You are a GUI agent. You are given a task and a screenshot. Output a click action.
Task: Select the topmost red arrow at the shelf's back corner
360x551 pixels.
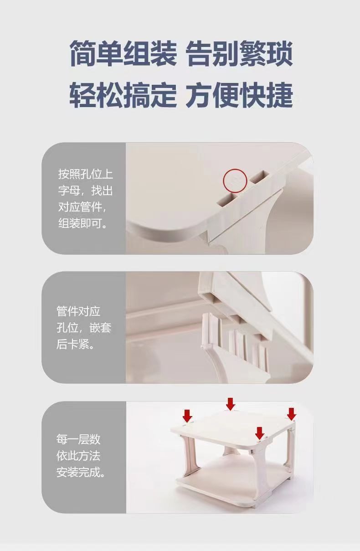pos(231,404)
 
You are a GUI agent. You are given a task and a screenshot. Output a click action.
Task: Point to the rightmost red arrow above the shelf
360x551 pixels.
pos(292,414)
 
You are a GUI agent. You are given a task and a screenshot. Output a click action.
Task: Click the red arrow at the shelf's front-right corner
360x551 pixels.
pos(260,433)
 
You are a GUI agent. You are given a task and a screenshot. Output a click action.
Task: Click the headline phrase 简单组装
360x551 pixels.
pos(123,54)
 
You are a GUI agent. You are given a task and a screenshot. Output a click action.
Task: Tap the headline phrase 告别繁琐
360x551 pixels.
pos(239,54)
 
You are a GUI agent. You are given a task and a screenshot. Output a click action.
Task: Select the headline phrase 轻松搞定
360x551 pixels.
pos(123,95)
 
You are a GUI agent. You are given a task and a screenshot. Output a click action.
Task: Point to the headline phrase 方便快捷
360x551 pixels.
pos(239,95)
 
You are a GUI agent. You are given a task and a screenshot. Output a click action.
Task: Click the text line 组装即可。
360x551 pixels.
pos(82,223)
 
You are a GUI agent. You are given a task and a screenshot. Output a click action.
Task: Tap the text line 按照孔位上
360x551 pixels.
pos(86,174)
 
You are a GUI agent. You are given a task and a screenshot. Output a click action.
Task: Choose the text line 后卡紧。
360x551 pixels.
pos(75,344)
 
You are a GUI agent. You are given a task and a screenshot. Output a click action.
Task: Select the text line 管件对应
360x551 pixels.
pos(78,311)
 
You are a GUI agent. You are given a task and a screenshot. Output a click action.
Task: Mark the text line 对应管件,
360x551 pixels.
pos(82,207)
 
